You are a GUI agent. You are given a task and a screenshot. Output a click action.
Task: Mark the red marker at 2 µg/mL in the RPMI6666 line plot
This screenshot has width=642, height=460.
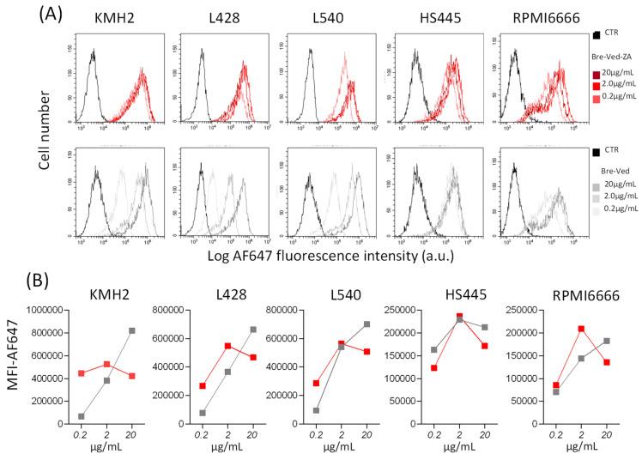coord(533,329)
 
